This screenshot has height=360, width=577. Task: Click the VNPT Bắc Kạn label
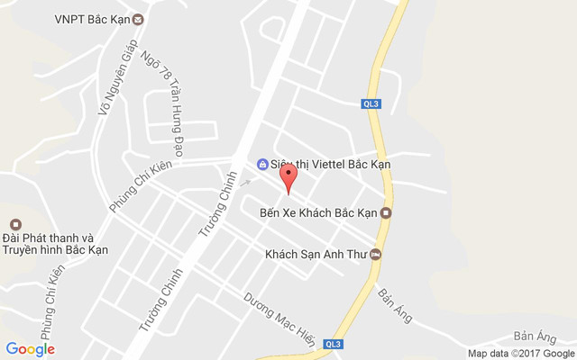[91, 19]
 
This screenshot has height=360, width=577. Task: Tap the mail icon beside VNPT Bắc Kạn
[137, 19]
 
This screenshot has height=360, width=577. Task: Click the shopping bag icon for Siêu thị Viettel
[262, 165]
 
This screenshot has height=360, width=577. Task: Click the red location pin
[288, 177]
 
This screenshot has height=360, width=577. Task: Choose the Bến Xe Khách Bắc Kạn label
[317, 213]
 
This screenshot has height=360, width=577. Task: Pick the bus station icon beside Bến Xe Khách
[386, 213]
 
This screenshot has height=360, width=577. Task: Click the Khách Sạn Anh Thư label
[316, 255]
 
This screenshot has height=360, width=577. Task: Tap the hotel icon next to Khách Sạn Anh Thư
[376, 255]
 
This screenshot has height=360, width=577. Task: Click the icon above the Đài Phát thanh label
[14, 224]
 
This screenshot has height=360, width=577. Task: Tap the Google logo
[30, 349]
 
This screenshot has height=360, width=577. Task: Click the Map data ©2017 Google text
[518, 353]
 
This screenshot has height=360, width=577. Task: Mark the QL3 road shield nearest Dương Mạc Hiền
[334, 344]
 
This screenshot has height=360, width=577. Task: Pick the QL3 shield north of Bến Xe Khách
[371, 103]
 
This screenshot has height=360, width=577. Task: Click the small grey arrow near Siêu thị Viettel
[245, 182]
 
